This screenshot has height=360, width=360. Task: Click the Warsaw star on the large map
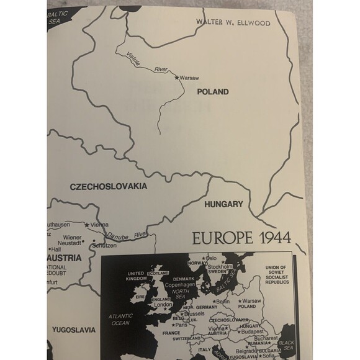point(176,78)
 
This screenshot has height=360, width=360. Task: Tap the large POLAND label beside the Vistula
point(213,92)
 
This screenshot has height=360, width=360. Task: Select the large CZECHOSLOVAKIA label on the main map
point(107,186)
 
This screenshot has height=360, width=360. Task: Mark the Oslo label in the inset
point(211,258)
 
